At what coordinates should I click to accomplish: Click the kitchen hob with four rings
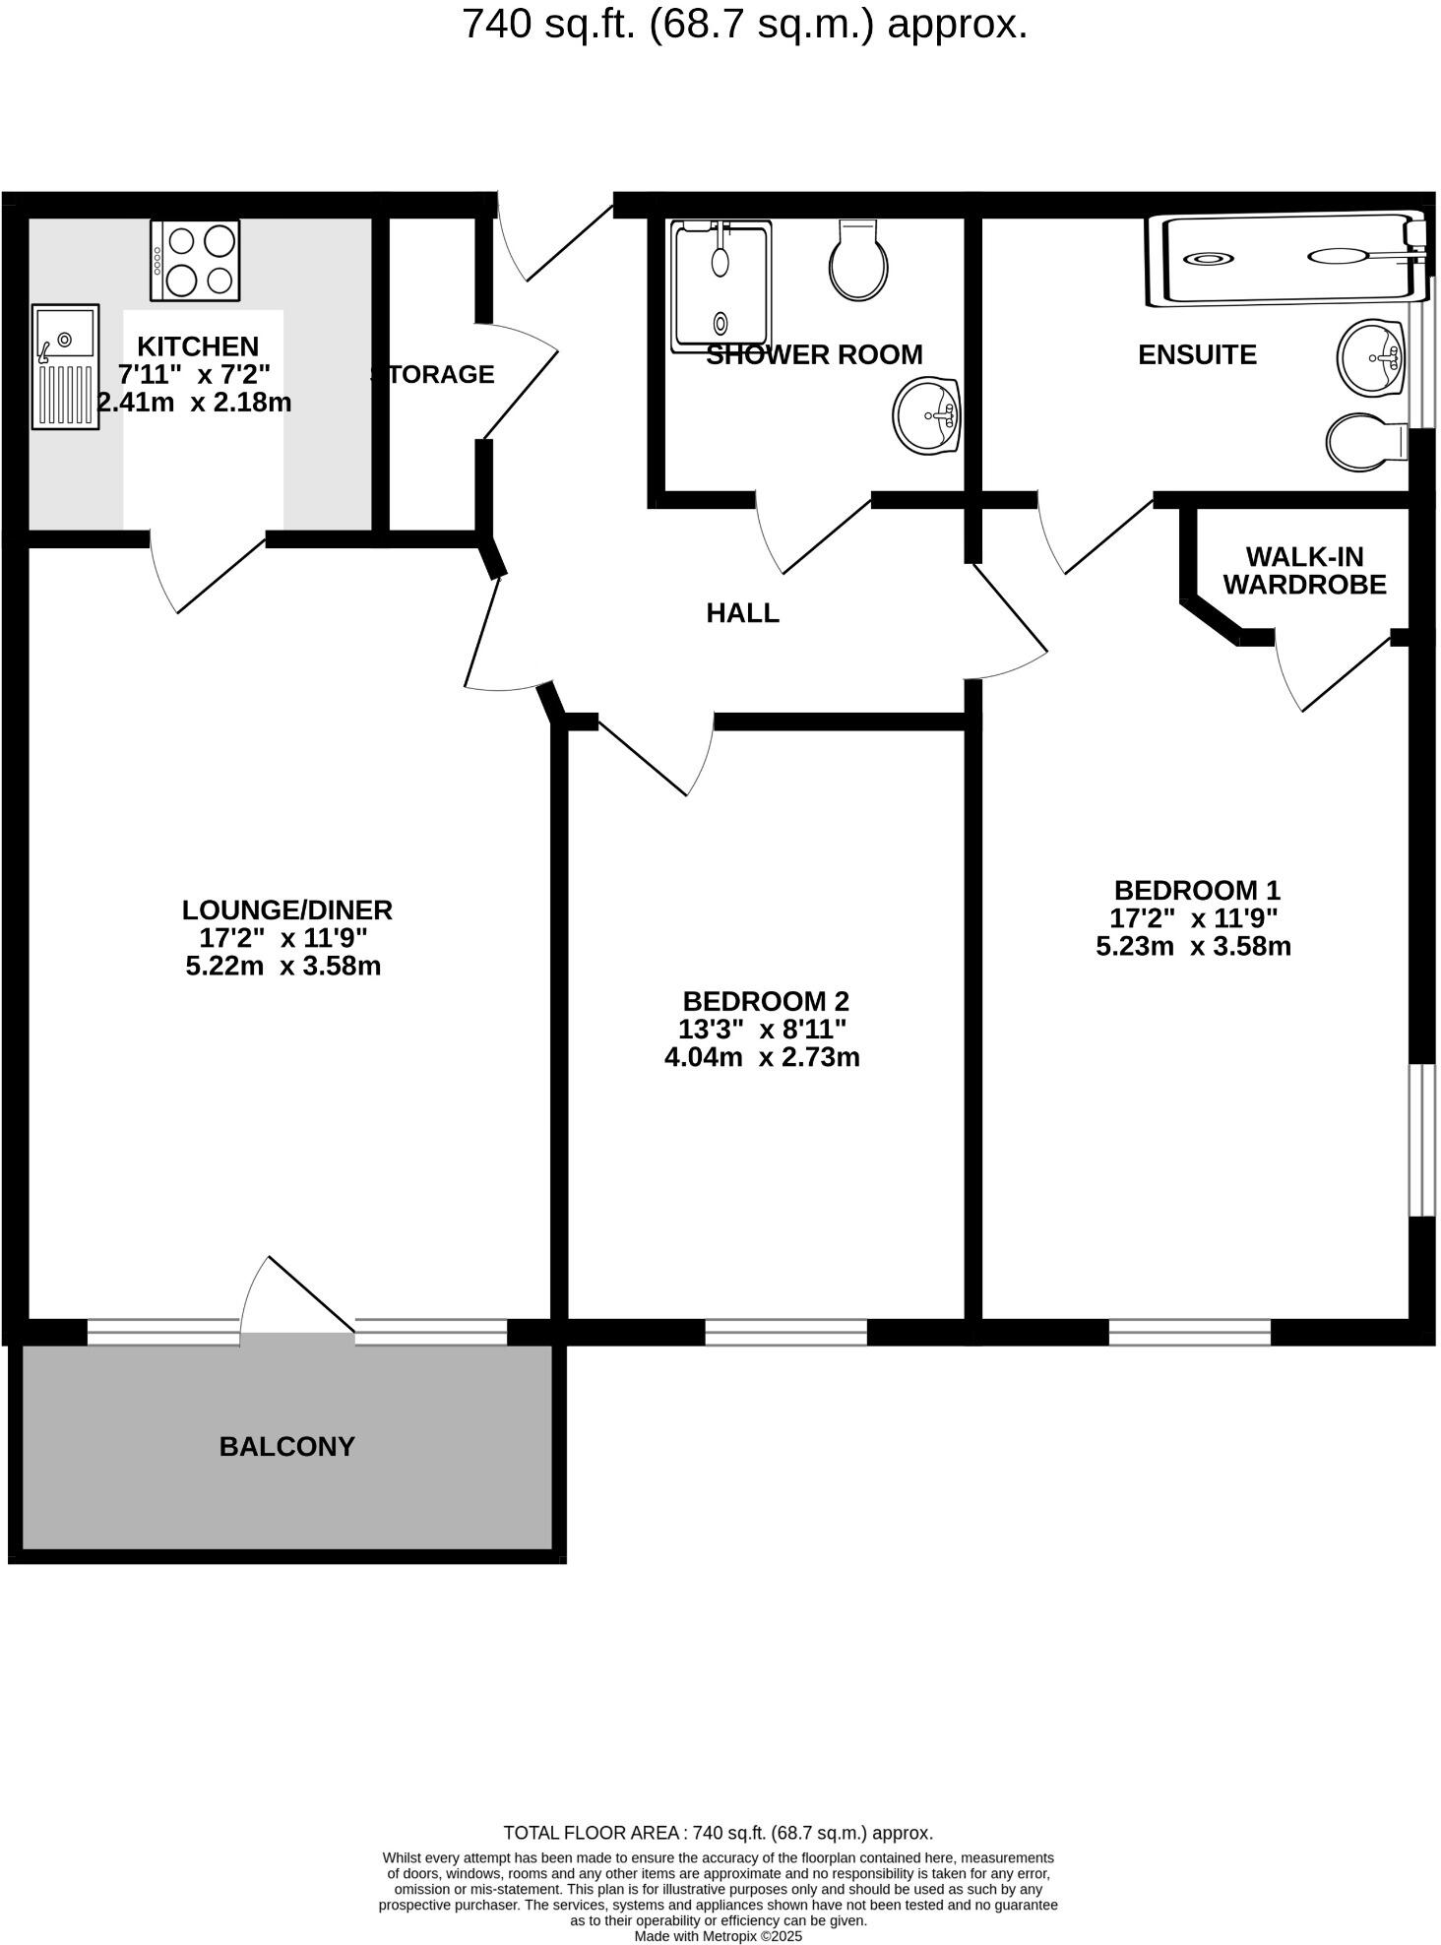195,260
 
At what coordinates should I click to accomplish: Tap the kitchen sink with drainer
65,366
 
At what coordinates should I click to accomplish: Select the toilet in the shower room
858,260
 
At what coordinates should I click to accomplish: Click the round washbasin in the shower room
927,415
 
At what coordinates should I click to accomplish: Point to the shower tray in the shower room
720,285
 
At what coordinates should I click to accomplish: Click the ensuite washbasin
1370,356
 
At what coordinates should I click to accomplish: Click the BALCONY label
286,1446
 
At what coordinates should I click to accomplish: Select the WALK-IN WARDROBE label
1304,571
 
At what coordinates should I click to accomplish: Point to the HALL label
742,613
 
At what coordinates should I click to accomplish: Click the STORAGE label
433,374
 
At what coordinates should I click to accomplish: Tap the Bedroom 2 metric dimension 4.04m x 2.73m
762,1057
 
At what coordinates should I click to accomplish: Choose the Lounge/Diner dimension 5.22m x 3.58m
283,966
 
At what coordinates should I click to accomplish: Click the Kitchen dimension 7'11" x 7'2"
194,374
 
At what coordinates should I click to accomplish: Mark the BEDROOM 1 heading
1197,890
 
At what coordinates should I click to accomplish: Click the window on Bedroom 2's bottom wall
785,1332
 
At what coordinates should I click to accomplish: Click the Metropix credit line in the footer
719,1936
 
